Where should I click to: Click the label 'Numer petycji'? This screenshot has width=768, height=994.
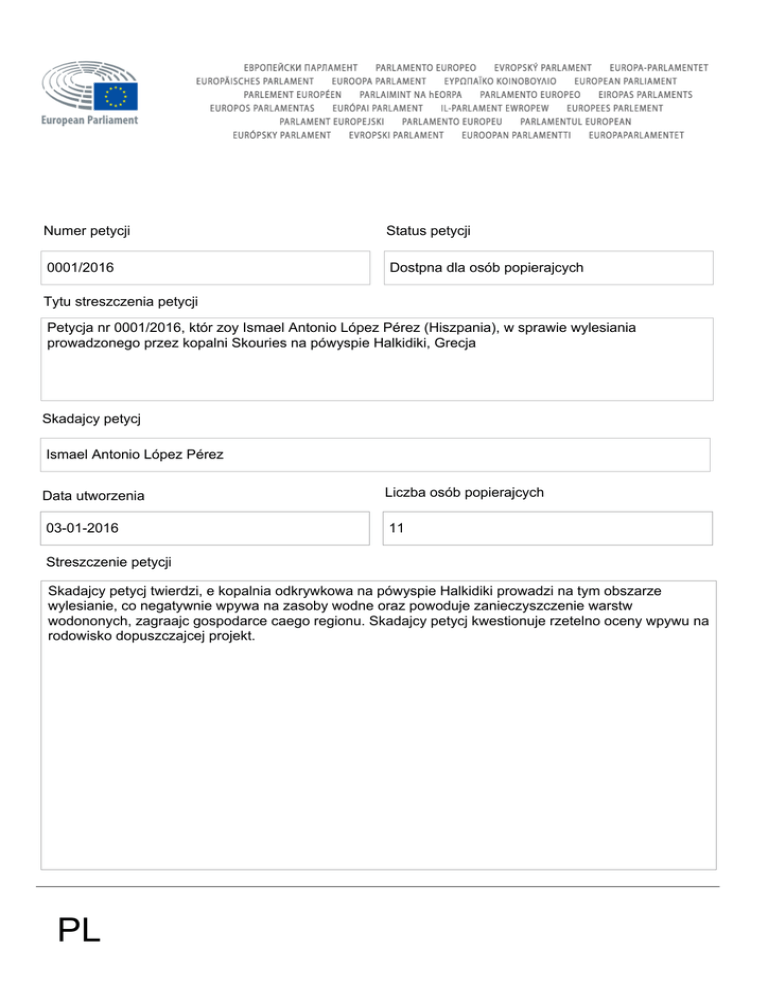pos(88,231)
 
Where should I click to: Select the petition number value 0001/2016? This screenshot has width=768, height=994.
pos(80,268)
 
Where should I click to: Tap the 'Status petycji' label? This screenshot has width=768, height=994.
pos(428,231)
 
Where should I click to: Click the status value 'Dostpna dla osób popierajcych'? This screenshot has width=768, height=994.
pos(486,268)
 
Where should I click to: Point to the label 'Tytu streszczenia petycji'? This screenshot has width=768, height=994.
pos(120,302)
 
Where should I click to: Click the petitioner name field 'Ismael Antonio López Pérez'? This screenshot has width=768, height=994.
pos(135,455)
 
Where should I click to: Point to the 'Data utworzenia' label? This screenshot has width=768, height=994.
pos(93,495)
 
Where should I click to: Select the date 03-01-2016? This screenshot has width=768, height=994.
pos(85,528)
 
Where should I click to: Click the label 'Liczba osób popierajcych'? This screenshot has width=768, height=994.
pos(464,492)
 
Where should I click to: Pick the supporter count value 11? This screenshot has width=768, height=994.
pos(396,528)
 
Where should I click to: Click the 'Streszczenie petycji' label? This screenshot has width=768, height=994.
pos(110,563)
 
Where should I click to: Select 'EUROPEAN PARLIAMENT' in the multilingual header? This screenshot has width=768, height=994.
pos(625,80)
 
